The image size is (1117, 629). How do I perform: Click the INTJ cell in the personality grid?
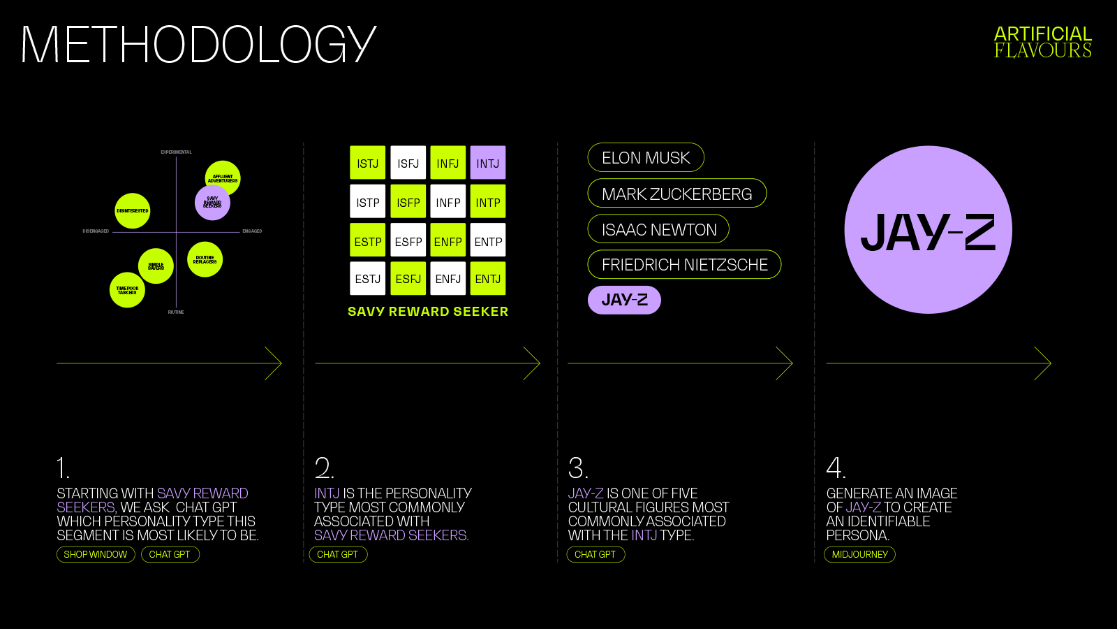487,163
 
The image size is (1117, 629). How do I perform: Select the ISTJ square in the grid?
367,163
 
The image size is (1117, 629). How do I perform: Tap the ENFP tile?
447,241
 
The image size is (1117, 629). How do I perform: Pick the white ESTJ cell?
367,278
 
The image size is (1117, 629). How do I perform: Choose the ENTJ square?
487,278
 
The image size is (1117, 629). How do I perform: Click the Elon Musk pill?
646,157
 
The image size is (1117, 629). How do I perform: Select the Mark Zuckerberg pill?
676,194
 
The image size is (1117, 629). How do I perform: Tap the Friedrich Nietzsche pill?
684,264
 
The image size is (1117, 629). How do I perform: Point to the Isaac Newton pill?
658,229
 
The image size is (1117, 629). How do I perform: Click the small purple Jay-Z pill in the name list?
624,300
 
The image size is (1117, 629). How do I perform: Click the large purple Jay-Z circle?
928,230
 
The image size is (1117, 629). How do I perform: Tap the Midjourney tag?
859,554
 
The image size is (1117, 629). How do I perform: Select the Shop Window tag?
96,554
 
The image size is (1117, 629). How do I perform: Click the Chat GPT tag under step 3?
596,554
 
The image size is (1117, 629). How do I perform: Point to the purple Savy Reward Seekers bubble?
212,203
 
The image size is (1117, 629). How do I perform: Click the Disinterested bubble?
132,210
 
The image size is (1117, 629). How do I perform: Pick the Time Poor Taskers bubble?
127,290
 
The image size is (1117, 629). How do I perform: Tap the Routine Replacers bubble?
205,259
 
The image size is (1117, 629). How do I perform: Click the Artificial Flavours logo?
1042,42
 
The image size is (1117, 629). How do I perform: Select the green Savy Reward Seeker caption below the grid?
428,312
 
